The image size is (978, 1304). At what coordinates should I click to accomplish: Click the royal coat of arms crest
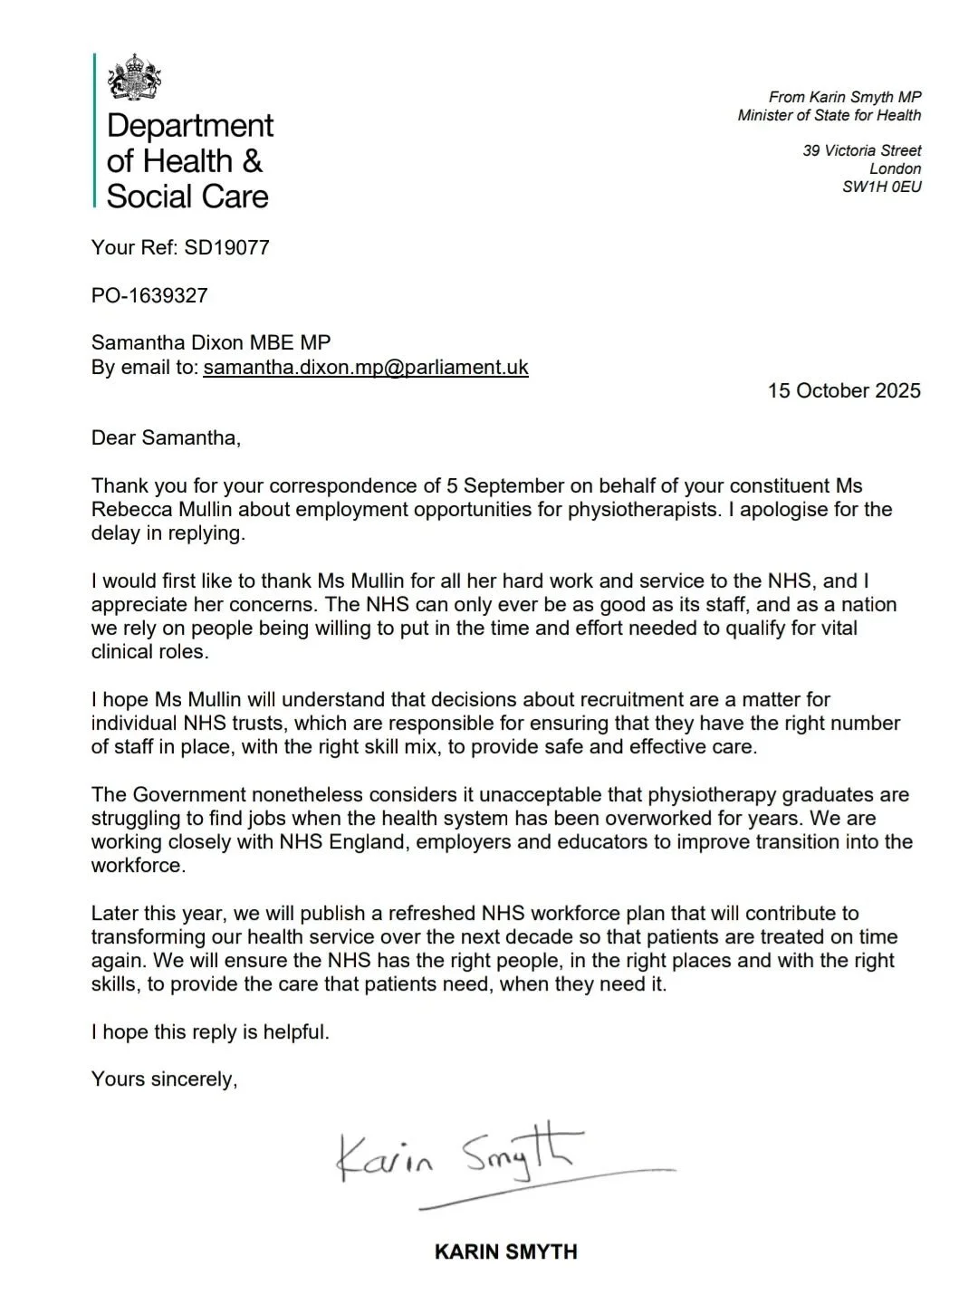tap(133, 79)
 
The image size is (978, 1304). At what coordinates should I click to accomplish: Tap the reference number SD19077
tap(226, 247)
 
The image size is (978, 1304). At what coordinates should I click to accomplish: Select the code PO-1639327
tap(149, 295)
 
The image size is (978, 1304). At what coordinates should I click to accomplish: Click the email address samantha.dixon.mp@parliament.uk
tap(366, 368)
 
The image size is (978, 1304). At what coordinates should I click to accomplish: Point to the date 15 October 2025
tap(844, 391)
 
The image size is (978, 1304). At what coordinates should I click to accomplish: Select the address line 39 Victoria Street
tap(861, 150)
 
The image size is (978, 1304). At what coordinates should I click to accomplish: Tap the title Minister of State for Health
tap(829, 115)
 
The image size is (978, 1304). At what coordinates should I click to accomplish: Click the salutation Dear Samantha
tap(166, 438)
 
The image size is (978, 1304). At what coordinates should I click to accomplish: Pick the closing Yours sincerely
tap(164, 1079)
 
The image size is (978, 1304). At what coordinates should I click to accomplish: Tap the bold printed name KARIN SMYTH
tap(505, 1252)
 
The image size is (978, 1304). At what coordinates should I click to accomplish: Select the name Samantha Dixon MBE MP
tap(211, 343)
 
